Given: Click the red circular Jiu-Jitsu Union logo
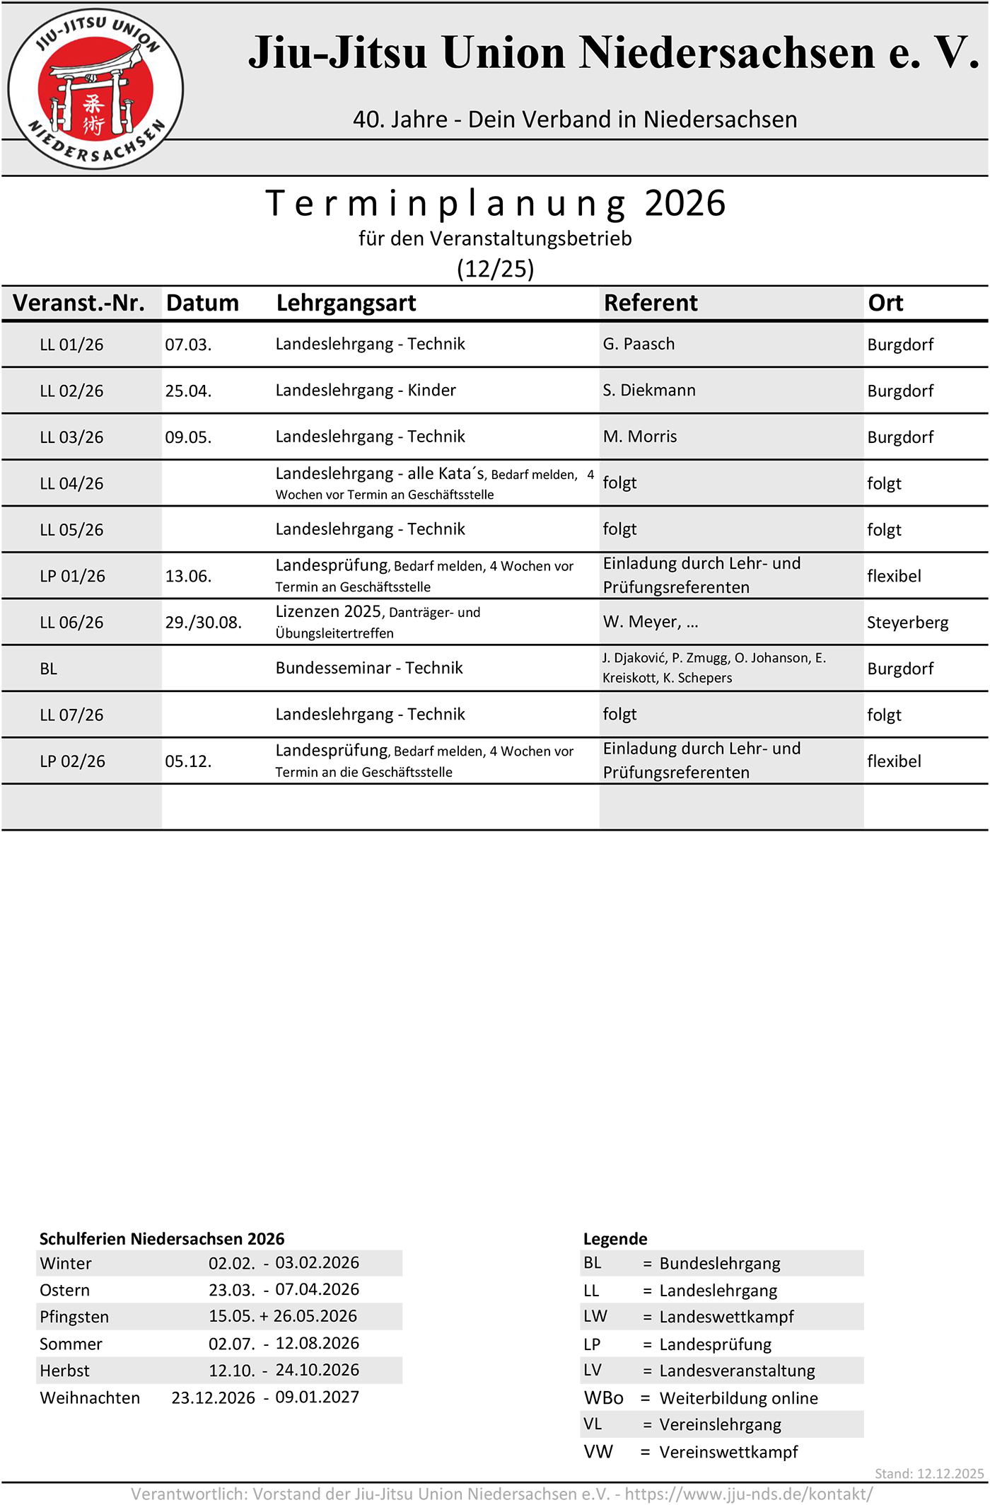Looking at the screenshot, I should click(x=95, y=89).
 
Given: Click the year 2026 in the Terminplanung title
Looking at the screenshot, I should click(x=685, y=204).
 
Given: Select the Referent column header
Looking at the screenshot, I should click(x=650, y=303).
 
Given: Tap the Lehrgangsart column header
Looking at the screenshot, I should click(x=346, y=303).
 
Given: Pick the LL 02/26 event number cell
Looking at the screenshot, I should click(x=71, y=391).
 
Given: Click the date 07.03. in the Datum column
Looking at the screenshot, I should click(x=188, y=345).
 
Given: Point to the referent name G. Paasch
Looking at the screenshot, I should click(x=639, y=344).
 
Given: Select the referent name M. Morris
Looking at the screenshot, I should click(x=639, y=437).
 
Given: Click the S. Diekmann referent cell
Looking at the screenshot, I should click(x=648, y=391).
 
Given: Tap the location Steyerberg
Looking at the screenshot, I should click(x=907, y=623).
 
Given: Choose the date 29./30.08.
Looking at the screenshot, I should click(x=203, y=623).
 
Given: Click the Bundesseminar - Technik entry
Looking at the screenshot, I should click(x=369, y=668).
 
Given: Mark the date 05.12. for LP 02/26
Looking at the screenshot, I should click(x=188, y=761).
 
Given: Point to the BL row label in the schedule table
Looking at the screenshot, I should click(x=49, y=669).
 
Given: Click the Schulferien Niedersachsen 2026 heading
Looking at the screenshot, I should click(x=162, y=1239).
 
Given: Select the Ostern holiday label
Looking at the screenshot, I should click(x=65, y=1290).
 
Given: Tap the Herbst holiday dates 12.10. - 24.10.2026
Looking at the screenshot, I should click(x=284, y=1371).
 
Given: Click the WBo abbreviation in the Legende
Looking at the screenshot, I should click(x=603, y=1398).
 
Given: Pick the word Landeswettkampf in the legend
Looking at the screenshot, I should click(x=726, y=1317).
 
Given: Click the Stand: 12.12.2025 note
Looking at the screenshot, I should click(x=928, y=1473).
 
